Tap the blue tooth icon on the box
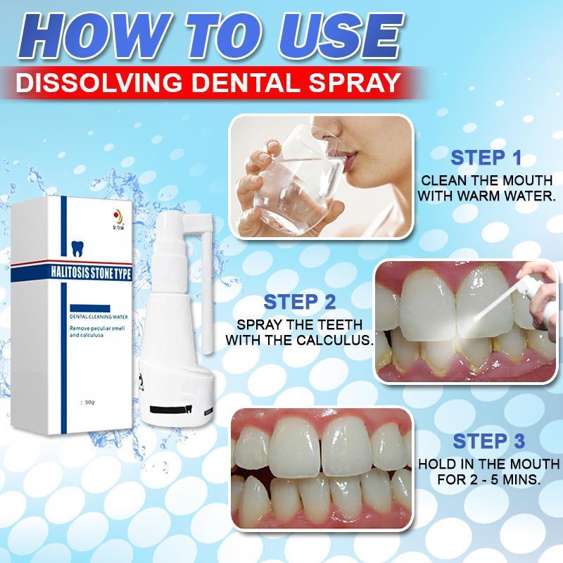point(77,248)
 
